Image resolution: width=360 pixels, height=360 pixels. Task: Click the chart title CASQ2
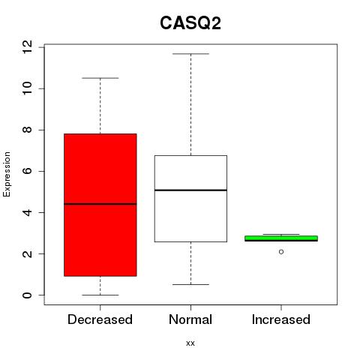point(190,23)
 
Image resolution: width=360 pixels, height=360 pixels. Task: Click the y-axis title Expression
point(7,174)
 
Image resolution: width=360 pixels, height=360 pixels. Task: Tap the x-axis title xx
point(190,343)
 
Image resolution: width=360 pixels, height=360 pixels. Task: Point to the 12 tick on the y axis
point(27,46)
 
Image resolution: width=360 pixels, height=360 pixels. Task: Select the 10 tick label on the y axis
point(27,88)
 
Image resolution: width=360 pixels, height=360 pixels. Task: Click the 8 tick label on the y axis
point(27,130)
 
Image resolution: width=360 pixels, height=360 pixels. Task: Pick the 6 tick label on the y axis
point(27,171)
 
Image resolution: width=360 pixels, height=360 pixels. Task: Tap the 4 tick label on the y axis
point(27,212)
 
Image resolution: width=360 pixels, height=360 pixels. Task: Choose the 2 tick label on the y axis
point(27,253)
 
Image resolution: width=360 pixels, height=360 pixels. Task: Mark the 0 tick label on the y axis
point(27,295)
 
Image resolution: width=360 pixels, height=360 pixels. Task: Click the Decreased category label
point(100,319)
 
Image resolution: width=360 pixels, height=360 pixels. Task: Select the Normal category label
point(190,319)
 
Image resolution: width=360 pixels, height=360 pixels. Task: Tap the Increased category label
point(281,319)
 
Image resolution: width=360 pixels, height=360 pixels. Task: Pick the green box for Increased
point(281,238)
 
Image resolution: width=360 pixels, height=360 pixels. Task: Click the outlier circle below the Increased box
point(281,252)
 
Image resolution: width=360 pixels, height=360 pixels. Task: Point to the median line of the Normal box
point(190,190)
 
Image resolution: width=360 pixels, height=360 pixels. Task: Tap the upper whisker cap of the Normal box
point(190,54)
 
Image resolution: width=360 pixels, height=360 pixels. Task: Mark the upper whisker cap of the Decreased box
point(100,78)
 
